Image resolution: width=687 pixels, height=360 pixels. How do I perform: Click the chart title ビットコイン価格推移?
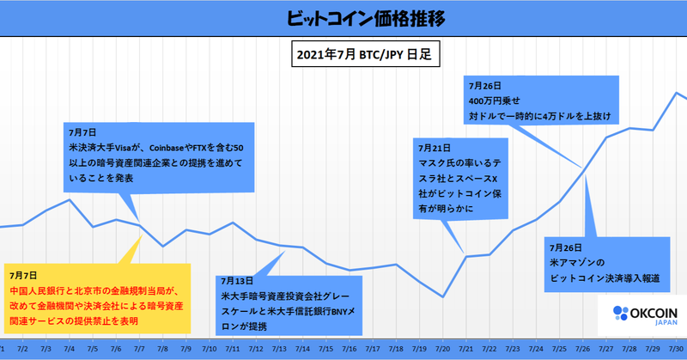point(343,17)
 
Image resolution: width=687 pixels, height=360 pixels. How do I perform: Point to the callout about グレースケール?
point(290,303)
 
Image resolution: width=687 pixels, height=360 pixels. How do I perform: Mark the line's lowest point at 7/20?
point(442,296)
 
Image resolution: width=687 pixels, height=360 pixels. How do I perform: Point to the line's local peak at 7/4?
point(70,200)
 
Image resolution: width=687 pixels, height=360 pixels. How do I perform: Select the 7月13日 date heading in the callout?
point(238,281)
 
